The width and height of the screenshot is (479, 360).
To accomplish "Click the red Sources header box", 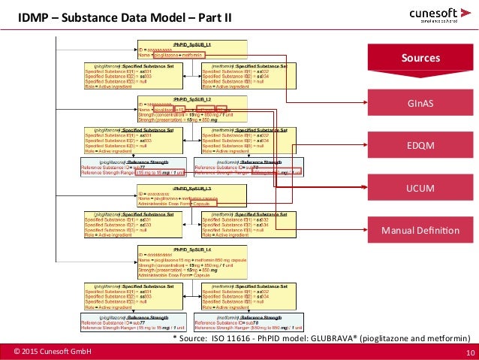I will [420, 58].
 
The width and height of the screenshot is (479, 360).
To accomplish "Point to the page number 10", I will [469, 352].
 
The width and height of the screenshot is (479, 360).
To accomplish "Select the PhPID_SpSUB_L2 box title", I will [191, 99].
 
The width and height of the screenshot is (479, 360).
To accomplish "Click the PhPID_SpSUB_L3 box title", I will [191, 188].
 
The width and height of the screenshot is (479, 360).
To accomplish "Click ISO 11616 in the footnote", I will [228, 339].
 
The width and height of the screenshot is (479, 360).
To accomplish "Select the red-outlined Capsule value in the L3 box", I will [200, 204].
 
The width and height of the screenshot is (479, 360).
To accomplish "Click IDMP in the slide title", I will [32, 16].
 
